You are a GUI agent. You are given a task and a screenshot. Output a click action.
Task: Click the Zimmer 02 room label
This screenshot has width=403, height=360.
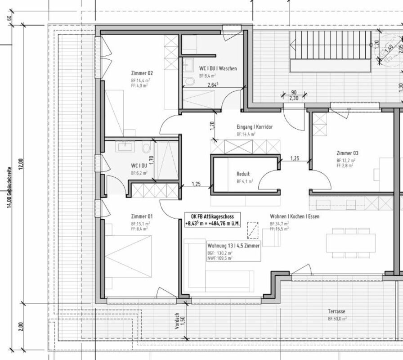coord(142,73)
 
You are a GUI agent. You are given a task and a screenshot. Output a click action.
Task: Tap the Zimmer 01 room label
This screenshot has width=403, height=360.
coord(142,216)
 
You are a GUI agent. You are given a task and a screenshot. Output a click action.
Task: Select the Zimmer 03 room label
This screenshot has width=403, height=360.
coord(347,153)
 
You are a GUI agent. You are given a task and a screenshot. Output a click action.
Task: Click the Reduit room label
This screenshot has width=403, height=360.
coord(243,174)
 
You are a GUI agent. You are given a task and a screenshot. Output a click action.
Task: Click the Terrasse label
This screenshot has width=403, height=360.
coord(337,311)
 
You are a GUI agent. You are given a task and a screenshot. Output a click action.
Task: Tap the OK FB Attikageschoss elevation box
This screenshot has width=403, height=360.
coord(213,219)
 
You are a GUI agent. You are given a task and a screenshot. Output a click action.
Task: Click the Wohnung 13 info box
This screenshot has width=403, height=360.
coord(233,252)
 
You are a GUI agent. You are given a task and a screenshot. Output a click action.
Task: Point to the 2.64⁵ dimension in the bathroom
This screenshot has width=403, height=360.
coord(213,85)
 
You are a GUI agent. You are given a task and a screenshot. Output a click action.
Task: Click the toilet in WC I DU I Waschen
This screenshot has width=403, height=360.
coord(190,81)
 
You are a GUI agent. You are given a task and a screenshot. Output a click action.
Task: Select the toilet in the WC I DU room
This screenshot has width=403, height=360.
coord(145,148)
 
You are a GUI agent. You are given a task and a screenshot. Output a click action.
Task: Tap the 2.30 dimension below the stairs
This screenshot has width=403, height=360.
coord(294,98)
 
